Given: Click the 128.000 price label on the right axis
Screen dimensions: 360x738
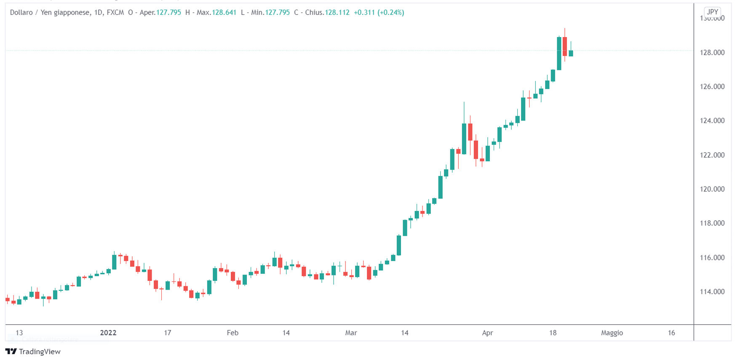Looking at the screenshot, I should click(712, 53).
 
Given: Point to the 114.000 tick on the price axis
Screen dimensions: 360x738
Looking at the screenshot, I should click(712, 291).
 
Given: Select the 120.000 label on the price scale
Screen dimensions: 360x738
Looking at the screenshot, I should click(712, 189).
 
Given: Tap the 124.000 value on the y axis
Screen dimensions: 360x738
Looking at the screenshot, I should click(712, 120).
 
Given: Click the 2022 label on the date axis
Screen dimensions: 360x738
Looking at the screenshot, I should click(108, 333).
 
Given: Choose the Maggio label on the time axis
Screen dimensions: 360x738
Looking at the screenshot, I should click(612, 333).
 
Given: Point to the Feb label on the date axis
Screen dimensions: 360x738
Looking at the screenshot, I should click(233, 333).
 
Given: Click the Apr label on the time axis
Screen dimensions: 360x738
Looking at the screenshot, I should click(487, 333).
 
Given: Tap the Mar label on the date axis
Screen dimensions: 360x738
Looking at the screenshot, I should click(351, 333).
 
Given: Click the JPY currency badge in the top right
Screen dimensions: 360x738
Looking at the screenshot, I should click(712, 12).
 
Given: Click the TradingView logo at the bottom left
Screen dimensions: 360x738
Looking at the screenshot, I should click(33, 352).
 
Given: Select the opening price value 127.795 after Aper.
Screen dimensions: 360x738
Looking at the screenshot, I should click(168, 13).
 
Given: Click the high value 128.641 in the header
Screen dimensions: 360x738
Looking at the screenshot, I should click(224, 13).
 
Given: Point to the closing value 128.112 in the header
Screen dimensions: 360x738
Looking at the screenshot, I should click(337, 13).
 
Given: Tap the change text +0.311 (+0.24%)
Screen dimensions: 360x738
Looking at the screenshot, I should click(379, 13).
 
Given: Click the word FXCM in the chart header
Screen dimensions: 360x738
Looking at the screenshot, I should click(115, 13).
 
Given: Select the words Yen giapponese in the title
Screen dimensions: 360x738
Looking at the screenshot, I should click(65, 13).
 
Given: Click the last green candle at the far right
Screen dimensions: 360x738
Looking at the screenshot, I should click(571, 53).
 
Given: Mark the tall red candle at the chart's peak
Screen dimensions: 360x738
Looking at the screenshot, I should click(565, 46).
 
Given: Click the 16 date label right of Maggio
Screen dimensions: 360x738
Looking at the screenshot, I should click(671, 333).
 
